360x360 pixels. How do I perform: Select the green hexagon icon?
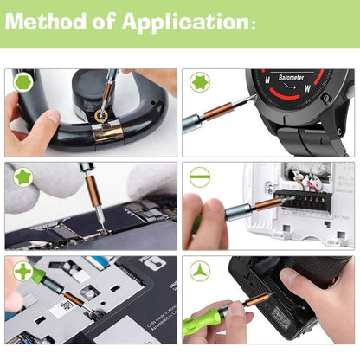point(22,82)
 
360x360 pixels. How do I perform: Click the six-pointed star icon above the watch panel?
point(199,82)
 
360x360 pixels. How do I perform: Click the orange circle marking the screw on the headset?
point(102,114)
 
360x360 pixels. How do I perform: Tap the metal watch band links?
point(299,138)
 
